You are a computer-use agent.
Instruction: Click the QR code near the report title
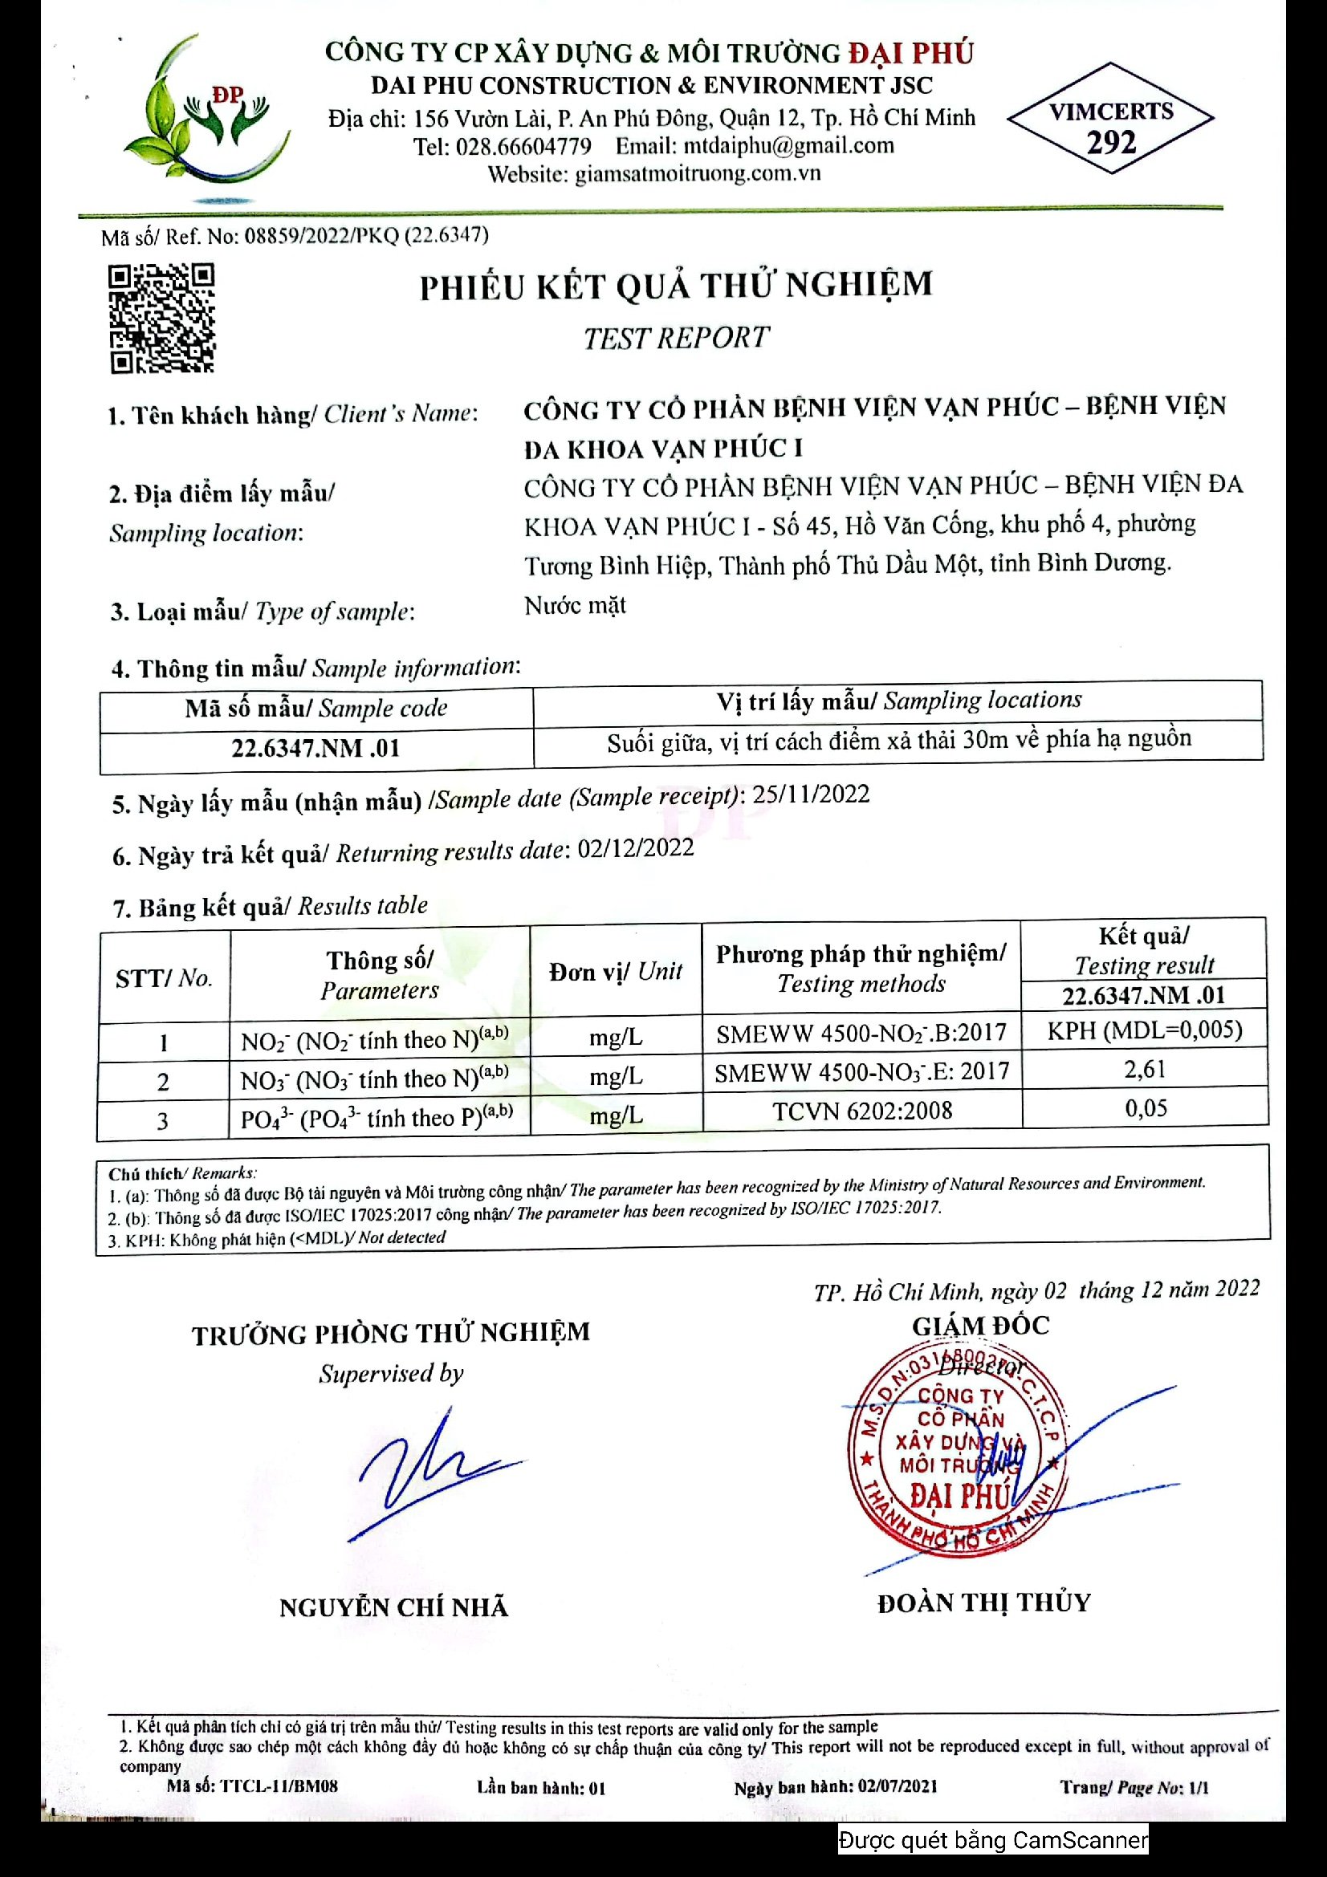(x=162, y=318)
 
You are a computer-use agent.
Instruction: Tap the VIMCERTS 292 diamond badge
(x=1110, y=118)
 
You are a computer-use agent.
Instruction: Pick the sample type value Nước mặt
(x=575, y=606)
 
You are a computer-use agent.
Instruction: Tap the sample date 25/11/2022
(x=810, y=794)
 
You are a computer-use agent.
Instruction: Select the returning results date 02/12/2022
(x=635, y=848)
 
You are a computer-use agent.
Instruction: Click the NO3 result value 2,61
(x=1144, y=1069)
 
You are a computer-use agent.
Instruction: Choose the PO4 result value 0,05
(x=1146, y=1108)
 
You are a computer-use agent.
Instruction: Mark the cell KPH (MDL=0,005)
(x=1144, y=1030)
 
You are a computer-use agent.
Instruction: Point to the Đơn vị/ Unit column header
(x=615, y=971)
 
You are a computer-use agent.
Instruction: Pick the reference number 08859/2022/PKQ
(x=322, y=236)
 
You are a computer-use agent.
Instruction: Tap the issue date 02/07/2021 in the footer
(x=897, y=1786)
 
